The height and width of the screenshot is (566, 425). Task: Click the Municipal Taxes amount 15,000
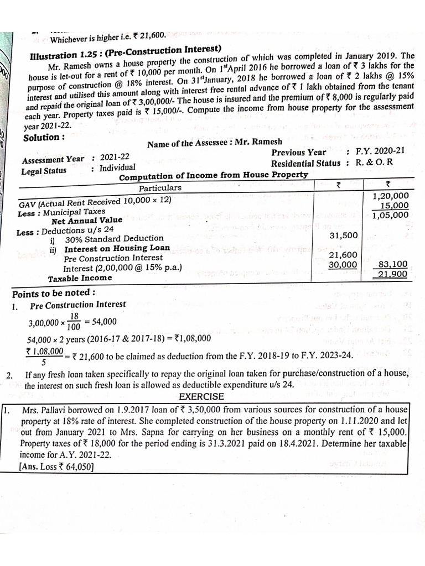[x=393, y=206]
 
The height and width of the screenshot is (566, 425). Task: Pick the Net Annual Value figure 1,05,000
[x=390, y=216]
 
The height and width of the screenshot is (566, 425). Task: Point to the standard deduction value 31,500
[x=344, y=235]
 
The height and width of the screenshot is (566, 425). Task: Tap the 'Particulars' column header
[x=160, y=187]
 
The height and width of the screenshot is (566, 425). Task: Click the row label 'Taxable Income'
[x=80, y=278]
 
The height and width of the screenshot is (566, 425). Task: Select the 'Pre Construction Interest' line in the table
[x=113, y=258]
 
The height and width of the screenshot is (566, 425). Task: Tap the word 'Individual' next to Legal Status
[x=117, y=167]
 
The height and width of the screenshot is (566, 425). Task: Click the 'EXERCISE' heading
[x=201, y=396]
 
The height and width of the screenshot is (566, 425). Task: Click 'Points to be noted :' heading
[x=54, y=293]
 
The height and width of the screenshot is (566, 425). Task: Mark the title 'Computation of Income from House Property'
[x=214, y=175]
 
